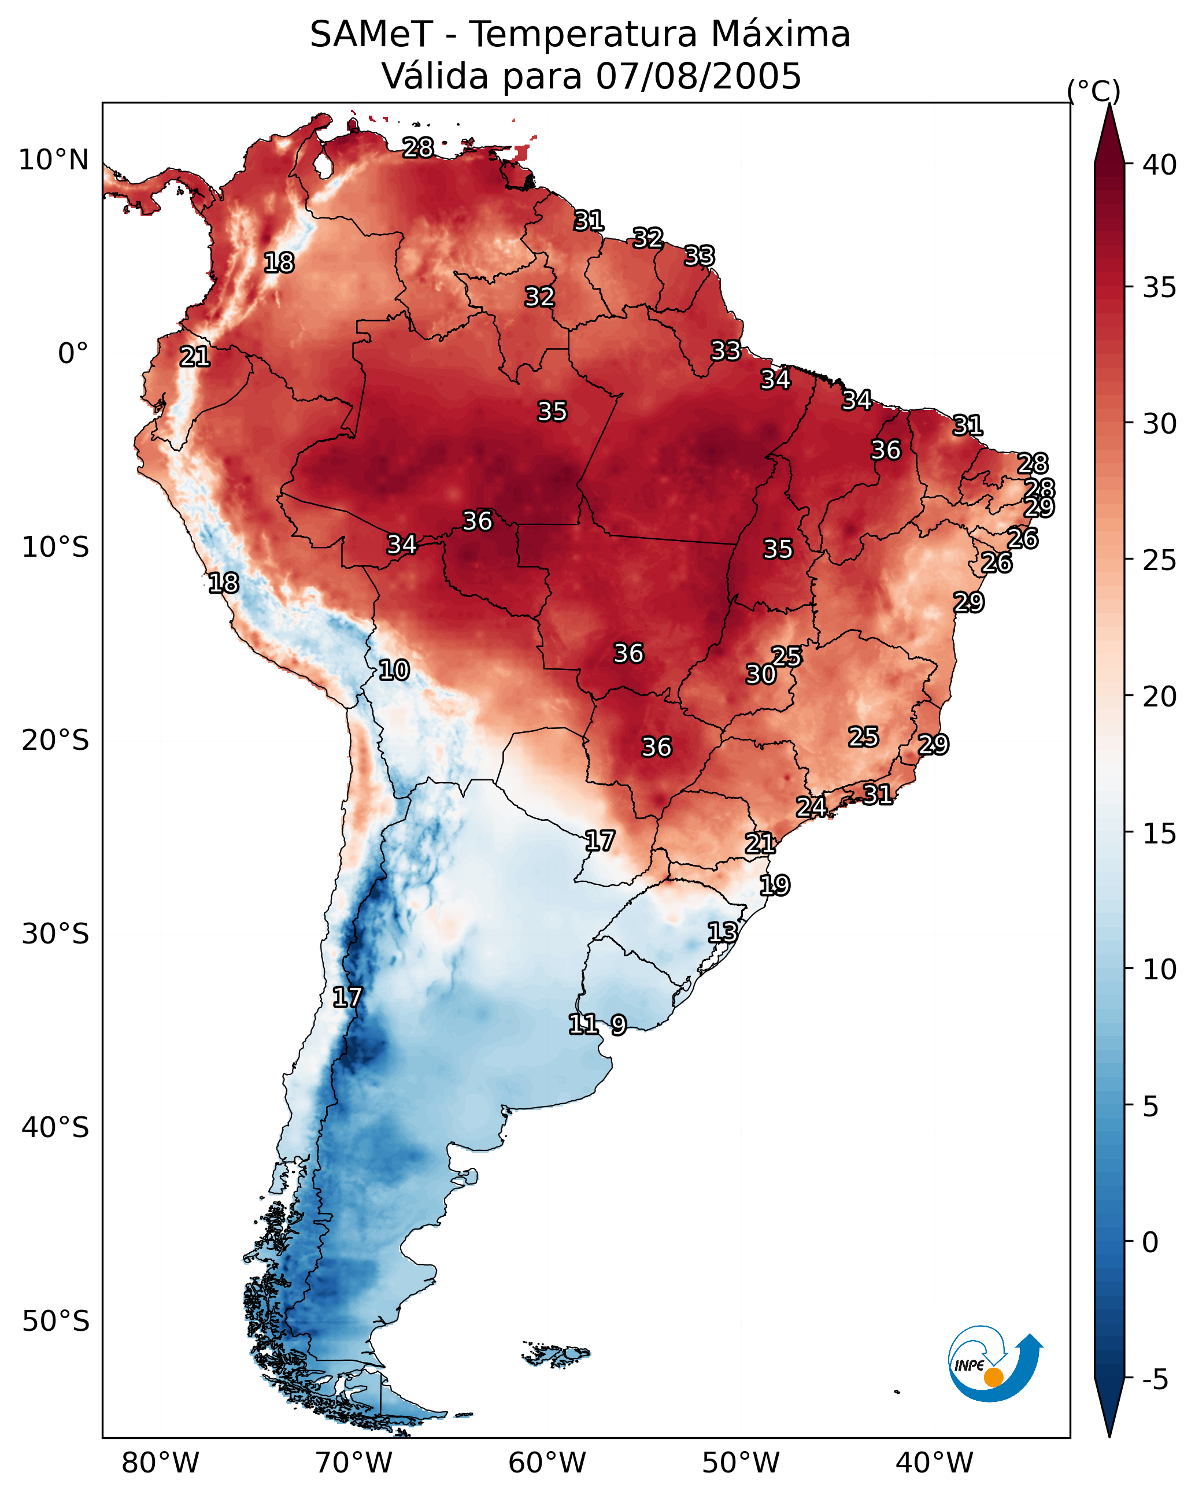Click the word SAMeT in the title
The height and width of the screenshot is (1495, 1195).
371,35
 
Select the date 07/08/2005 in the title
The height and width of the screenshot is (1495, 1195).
698,76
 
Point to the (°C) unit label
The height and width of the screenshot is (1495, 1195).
1093,91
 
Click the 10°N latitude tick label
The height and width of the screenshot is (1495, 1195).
53,160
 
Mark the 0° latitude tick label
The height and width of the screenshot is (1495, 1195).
73,354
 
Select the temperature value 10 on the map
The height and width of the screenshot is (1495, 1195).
394,671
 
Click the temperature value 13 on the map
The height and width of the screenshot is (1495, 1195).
722,932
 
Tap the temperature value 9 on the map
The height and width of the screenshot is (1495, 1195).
619,1025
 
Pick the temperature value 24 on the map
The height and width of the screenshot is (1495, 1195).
811,807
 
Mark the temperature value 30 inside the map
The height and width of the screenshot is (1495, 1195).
761,674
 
